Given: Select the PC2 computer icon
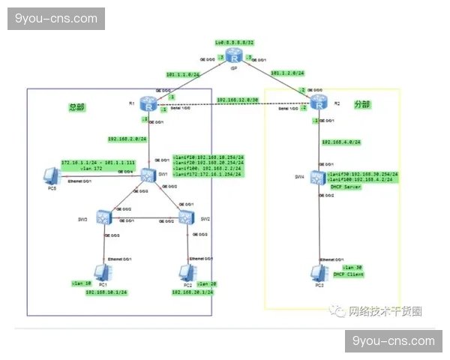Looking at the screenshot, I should [x=185, y=272].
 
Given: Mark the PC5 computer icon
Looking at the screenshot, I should [x=51, y=177].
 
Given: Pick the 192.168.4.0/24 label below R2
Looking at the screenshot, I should [x=342, y=141].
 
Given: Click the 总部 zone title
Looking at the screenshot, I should [x=77, y=107].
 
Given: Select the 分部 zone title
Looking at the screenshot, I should [x=362, y=104].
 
